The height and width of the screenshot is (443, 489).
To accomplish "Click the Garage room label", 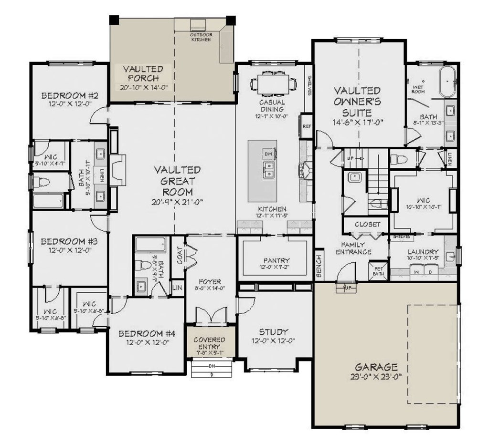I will pyautogui.click(x=376, y=367).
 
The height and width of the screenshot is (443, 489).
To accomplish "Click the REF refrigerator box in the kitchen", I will pyautogui.click(x=307, y=126).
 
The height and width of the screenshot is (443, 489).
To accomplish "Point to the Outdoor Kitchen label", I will pyautogui.click(x=201, y=37).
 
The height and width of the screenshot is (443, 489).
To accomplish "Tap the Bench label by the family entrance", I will pyautogui.click(x=319, y=264).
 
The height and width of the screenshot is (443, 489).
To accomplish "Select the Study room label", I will pyautogui.click(x=274, y=332).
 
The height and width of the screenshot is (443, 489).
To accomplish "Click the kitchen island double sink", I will pyautogui.click(x=267, y=170).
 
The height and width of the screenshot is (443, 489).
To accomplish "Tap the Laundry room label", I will pyautogui.click(x=423, y=252).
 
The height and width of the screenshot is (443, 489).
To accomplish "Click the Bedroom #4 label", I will pyautogui.click(x=147, y=333).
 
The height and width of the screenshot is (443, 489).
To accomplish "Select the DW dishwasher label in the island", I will pyautogui.click(x=267, y=154).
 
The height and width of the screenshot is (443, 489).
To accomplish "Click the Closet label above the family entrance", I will pyautogui.click(x=368, y=224).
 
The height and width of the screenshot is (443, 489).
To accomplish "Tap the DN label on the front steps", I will pyautogui.click(x=212, y=366).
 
